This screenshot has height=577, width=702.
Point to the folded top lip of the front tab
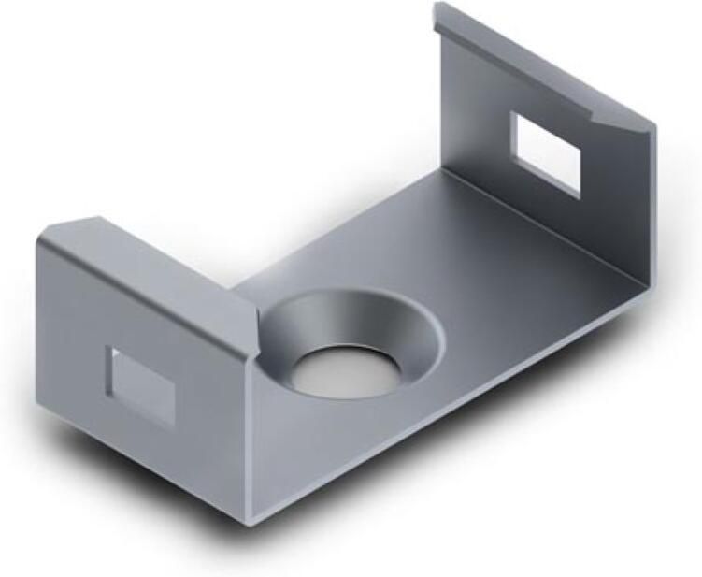click(150, 245)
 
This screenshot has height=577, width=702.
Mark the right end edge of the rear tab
click(651, 206)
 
